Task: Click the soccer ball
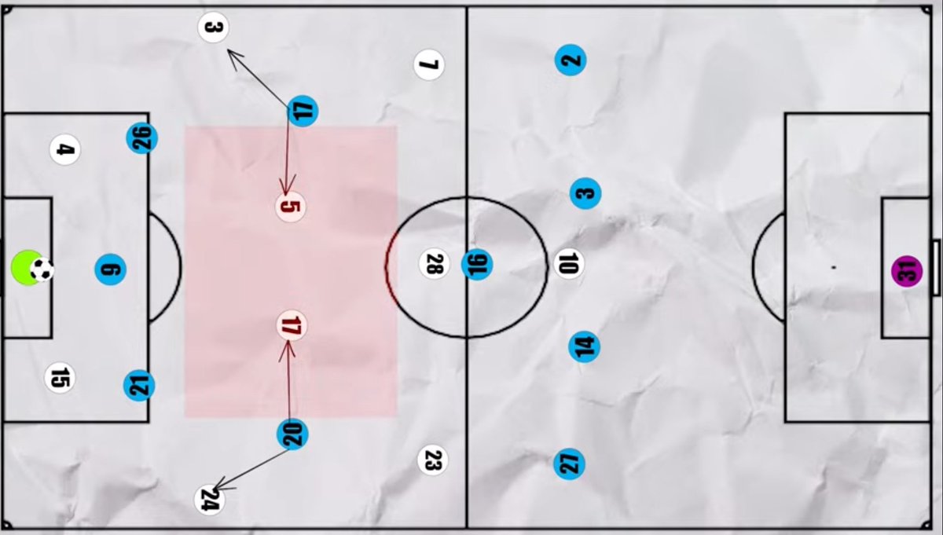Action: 42,270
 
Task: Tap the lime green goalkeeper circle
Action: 24,268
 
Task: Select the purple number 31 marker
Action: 906,271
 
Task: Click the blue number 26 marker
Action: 141,138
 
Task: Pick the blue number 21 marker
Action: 139,385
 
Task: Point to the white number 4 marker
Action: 65,149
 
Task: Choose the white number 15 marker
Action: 60,378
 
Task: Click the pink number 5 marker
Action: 290,207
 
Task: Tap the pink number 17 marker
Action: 292,325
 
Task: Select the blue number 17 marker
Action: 303,111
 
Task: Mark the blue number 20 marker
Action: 292,434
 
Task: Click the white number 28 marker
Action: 434,264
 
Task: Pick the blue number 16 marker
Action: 477,265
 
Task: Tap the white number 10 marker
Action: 569,264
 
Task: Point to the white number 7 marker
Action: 429,64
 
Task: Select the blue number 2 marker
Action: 571,60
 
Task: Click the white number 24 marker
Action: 209,500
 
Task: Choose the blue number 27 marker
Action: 570,464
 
